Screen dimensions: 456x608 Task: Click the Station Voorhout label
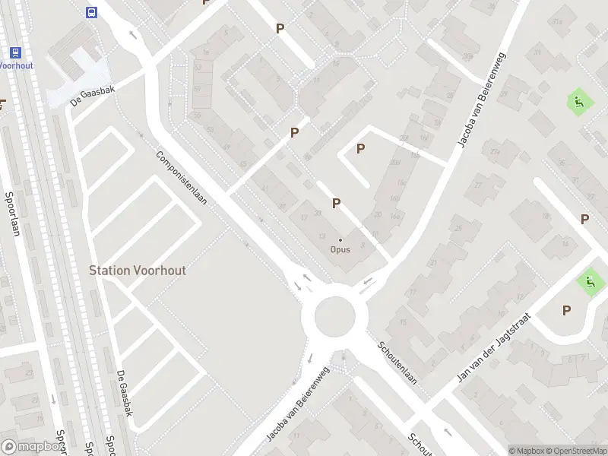[138, 270]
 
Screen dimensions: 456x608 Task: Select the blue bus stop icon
[91, 12]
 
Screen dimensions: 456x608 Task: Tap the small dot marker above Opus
[340, 240]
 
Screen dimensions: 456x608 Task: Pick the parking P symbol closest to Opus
[335, 203]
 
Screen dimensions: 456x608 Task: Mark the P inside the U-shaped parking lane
[360, 150]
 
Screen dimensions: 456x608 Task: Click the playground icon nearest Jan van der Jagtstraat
[590, 283]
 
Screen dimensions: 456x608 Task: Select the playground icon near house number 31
[578, 102]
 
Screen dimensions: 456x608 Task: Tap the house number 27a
[496, 153]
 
